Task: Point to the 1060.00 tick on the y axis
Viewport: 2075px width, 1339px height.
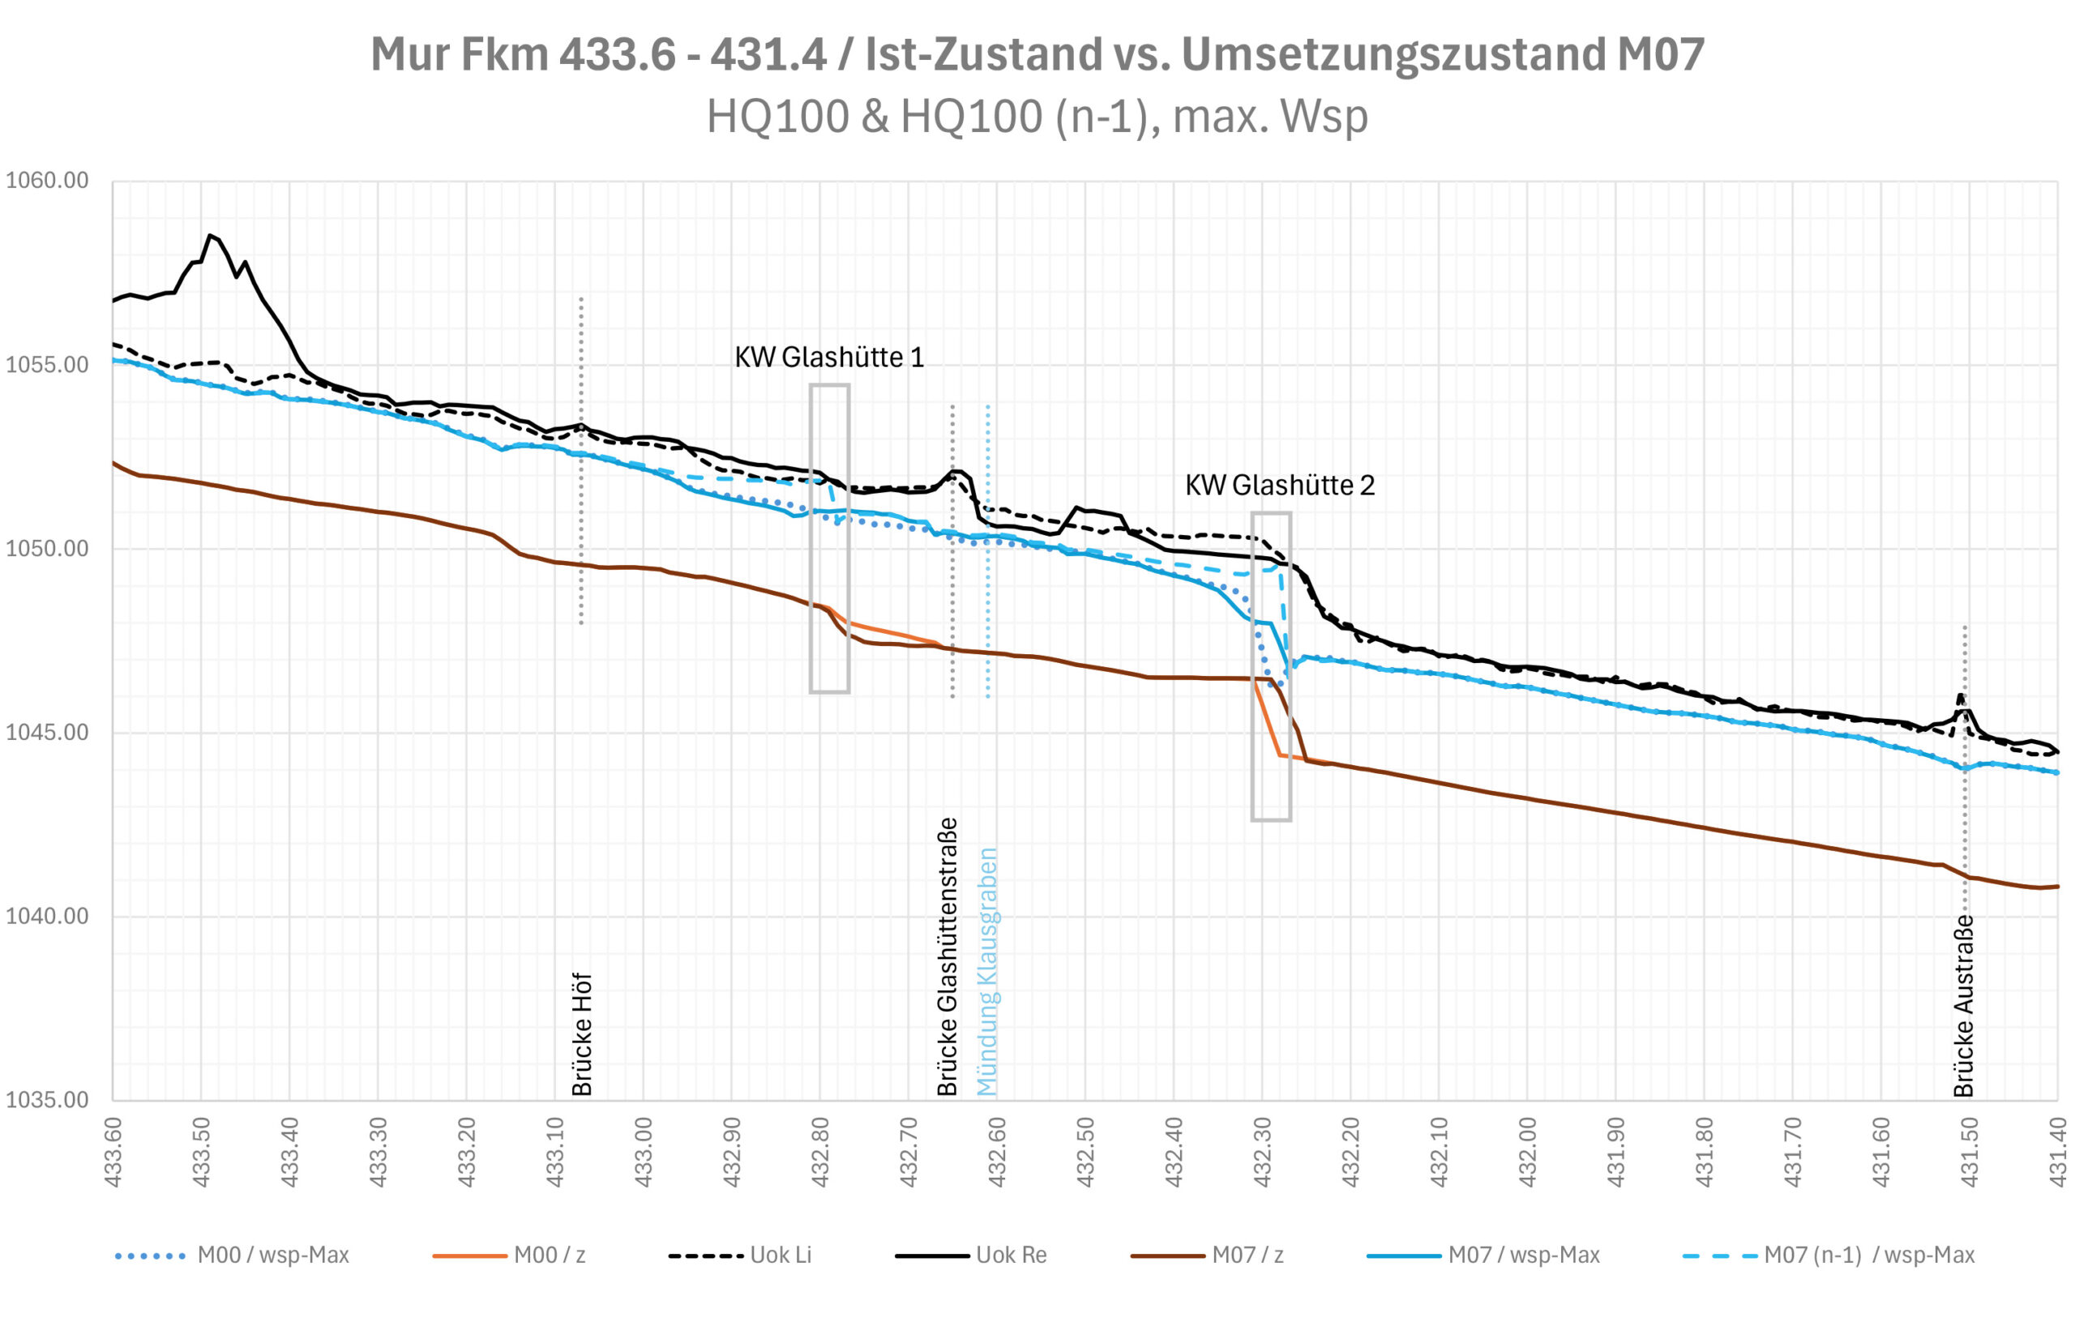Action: point(48,181)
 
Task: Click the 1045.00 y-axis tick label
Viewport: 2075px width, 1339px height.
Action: point(48,732)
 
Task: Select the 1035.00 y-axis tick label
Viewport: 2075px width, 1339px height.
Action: point(48,1100)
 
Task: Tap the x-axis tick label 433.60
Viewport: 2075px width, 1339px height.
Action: point(113,1153)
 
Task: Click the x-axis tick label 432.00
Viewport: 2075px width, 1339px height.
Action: point(1527,1153)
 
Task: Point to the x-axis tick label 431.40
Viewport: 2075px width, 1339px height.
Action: point(2058,1153)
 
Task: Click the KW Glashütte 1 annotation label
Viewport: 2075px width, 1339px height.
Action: point(828,357)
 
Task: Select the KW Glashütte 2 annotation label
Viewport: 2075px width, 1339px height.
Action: point(1280,486)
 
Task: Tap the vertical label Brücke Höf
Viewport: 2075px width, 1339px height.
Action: point(581,1035)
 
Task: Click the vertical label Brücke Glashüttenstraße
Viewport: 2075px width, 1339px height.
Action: point(948,956)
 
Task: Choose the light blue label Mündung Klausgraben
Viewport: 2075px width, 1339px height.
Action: point(987,972)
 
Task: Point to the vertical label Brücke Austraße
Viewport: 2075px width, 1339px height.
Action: point(1964,1007)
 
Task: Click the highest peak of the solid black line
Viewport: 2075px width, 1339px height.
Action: point(209,235)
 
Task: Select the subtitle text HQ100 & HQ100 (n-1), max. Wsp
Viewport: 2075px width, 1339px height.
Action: point(1037,117)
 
